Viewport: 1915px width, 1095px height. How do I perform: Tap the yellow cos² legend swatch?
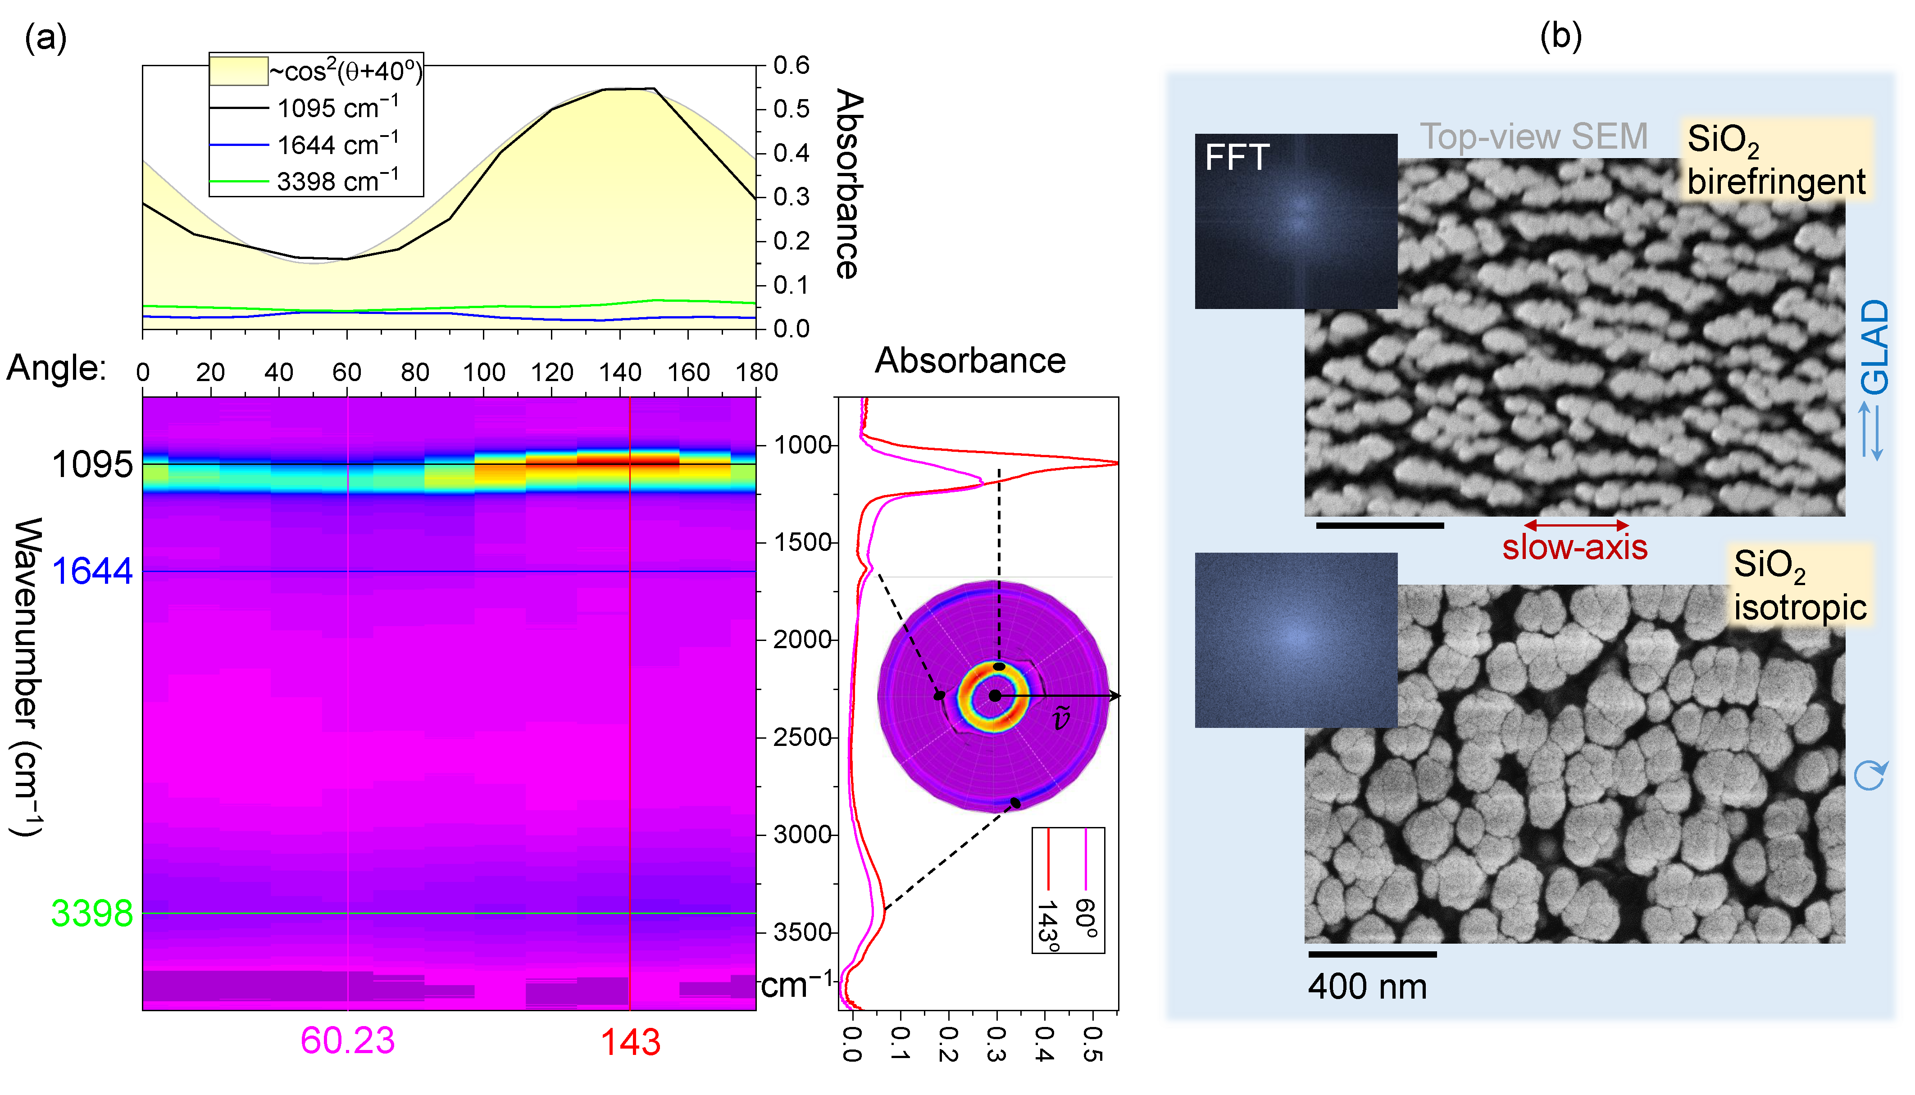pyautogui.click(x=238, y=71)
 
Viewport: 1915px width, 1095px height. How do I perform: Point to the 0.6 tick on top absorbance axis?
pyautogui.click(x=791, y=65)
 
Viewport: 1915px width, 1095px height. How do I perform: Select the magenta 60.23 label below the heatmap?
pyautogui.click(x=347, y=1041)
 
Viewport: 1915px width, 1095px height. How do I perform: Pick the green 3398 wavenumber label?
pyautogui.click(x=92, y=914)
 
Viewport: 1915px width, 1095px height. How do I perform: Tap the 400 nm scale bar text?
pyautogui.click(x=1367, y=987)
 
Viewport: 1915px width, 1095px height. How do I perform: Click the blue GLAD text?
pyautogui.click(x=1875, y=347)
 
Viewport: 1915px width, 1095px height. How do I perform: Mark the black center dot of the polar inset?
pyautogui.click(x=994, y=695)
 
